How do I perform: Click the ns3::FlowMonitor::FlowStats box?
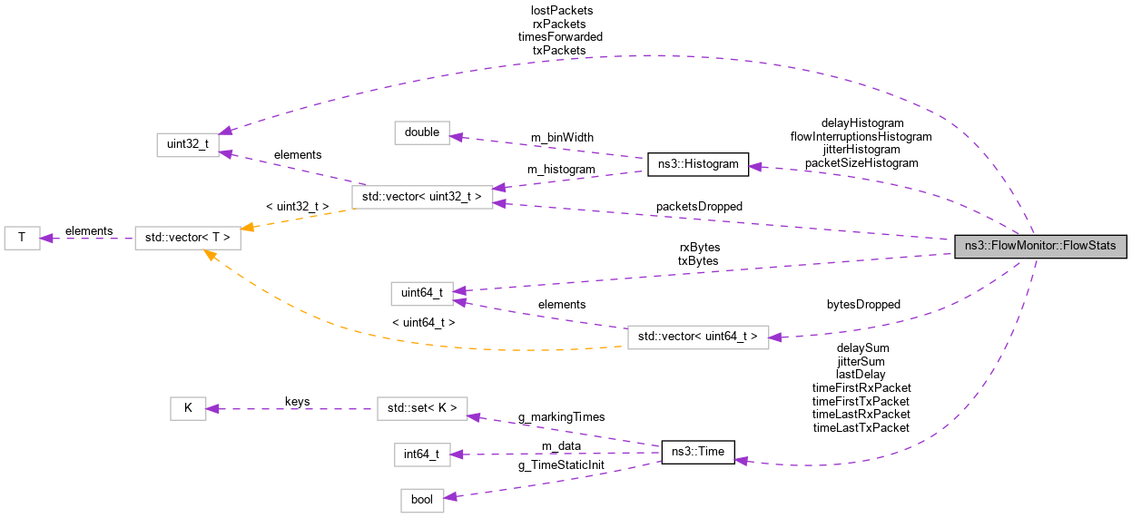coord(1040,246)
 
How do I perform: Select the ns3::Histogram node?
coord(697,164)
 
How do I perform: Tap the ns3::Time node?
coord(697,452)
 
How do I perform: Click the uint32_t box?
coord(188,144)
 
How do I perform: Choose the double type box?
coord(422,132)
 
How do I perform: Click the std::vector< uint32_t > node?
coord(422,196)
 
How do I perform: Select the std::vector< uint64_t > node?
coord(698,337)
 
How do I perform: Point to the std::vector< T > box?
coord(189,239)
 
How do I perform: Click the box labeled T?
coord(22,239)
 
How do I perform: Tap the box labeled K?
coord(188,408)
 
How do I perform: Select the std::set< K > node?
coord(422,408)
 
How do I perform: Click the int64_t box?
coord(422,454)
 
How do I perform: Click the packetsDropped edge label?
coord(699,207)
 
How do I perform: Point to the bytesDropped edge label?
coord(863,305)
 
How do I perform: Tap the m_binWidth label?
coord(562,138)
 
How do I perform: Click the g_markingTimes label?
coord(561,416)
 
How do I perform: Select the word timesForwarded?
coord(560,36)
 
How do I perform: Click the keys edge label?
coord(298,400)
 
